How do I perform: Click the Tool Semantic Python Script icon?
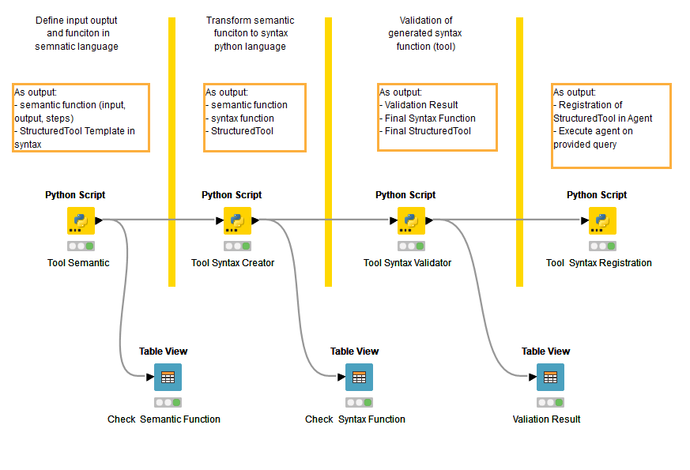tap(81, 220)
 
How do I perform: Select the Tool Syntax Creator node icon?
tap(237, 220)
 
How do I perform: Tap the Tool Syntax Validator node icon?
tap(411, 220)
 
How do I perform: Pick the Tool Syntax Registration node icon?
tap(602, 220)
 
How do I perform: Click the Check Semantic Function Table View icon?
tap(168, 377)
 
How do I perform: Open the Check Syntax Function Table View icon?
tap(359, 377)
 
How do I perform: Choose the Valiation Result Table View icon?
tap(550, 377)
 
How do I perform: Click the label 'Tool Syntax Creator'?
tap(232, 263)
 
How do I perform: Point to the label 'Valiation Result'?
tap(546, 419)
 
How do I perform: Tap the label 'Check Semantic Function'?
tap(164, 419)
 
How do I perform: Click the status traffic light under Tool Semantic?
tap(81, 246)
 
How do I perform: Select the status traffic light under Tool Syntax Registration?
tap(602, 246)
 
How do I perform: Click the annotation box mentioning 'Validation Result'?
tap(437, 117)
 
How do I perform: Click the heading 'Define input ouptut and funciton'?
tap(77, 33)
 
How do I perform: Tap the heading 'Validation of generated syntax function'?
tap(425, 33)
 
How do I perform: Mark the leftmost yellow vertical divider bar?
tap(172, 150)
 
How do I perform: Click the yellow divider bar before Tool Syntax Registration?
tap(519, 150)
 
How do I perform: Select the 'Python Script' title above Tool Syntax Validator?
tap(405, 195)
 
